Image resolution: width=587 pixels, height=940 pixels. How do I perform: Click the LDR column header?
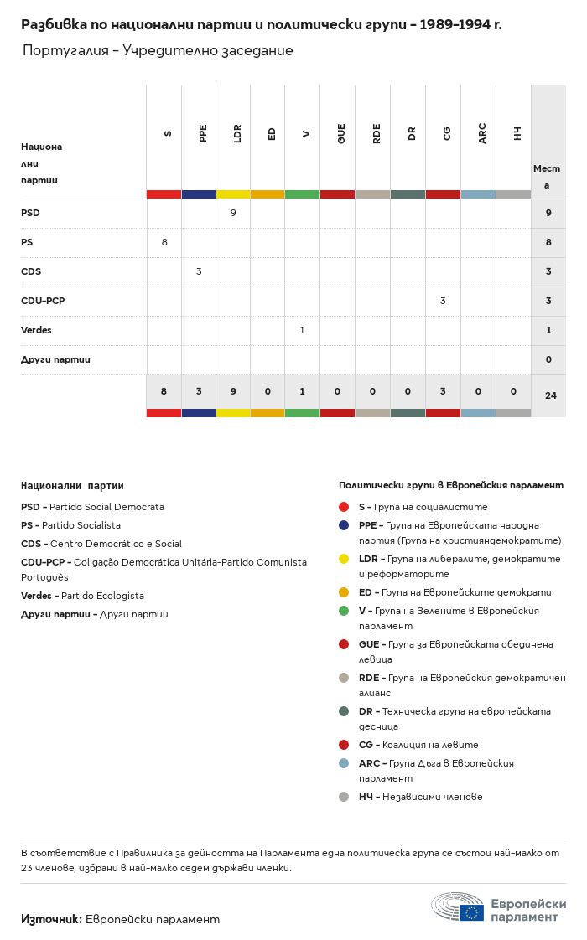pos(238,133)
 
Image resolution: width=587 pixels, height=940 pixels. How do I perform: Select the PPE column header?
pos(203,133)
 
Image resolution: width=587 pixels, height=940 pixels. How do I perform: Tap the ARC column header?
pos(482,133)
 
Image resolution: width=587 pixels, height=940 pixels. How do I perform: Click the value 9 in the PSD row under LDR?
pos(233,213)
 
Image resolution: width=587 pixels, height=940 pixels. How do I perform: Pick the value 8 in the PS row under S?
pos(164,242)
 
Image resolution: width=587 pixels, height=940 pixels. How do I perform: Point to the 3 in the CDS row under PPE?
pos(199,271)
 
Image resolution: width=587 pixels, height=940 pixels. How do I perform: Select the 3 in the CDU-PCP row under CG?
pos(443,301)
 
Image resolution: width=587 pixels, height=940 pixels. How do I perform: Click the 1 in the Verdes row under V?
pos(302,330)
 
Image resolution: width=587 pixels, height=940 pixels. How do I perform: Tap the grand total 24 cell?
pos(550,395)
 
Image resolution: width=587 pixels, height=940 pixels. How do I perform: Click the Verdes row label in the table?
pos(36,330)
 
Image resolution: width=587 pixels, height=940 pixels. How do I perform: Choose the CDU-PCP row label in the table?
pos(43,301)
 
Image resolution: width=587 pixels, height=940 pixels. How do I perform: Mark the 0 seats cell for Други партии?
pos(548,359)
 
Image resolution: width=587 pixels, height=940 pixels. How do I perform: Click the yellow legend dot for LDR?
pos(344,559)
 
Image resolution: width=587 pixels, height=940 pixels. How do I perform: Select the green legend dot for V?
pos(344,611)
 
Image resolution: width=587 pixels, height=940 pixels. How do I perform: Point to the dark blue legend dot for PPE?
pos(344,525)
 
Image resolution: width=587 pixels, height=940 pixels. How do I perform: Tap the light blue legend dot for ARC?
pos(344,763)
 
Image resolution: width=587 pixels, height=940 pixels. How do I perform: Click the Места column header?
pos(547,176)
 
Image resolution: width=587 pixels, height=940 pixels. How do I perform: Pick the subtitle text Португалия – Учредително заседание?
pos(158,51)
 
